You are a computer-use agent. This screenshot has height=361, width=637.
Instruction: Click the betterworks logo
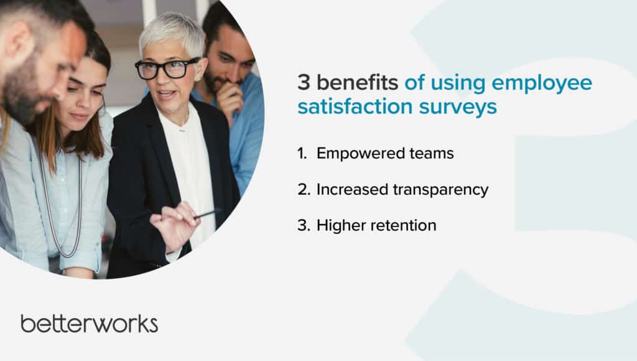pos(90,324)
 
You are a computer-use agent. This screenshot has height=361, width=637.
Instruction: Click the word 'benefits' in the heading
pos(357,82)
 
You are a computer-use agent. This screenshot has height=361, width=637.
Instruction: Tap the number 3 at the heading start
pos(304,83)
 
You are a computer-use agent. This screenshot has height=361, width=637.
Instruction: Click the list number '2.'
pos(304,190)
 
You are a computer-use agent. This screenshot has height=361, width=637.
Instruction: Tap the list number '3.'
pos(304,225)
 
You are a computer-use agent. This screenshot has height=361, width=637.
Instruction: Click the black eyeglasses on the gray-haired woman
pos(166,68)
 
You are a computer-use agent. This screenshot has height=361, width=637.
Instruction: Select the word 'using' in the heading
pos(458,85)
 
